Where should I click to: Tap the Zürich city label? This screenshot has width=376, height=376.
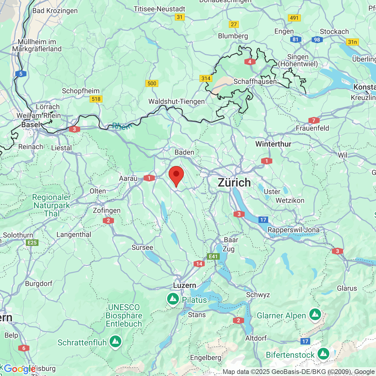[x=234, y=183]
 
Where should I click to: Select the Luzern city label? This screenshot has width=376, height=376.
[x=184, y=285]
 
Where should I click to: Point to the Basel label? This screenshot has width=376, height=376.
[x=31, y=125]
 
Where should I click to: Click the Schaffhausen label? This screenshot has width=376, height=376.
[x=255, y=81]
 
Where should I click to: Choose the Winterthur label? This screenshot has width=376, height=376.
[x=273, y=144]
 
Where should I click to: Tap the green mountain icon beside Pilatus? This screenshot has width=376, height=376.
[x=173, y=299]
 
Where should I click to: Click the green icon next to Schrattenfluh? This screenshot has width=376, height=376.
[x=115, y=342]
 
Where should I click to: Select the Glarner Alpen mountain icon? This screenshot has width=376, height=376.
[x=315, y=315]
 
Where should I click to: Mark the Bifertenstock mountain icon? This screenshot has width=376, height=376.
[x=323, y=354]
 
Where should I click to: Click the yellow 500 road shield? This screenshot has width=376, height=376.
[x=152, y=83]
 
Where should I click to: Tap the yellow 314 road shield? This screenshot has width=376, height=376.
[x=206, y=78]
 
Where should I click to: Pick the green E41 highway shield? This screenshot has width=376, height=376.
[x=213, y=256]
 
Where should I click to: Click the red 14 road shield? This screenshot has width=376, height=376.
[x=199, y=264]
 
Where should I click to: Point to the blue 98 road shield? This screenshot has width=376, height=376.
[x=317, y=40]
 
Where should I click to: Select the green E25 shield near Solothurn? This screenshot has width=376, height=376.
[x=32, y=243]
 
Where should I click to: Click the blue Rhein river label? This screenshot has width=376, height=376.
[x=121, y=126]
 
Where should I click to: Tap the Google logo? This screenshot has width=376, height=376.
[x=19, y=369]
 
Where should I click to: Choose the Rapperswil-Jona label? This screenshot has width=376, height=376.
[x=293, y=230]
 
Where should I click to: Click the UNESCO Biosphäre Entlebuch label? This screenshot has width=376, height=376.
[x=124, y=316]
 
